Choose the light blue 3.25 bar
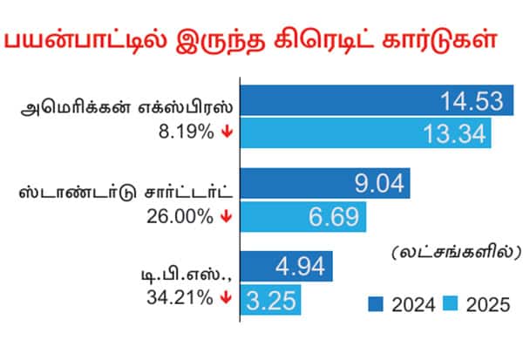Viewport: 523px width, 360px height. click(270, 302)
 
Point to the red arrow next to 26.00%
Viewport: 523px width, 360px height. click(226, 216)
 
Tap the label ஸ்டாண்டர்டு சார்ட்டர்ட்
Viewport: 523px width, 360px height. click(127, 191)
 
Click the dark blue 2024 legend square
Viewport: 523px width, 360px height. click(376, 304)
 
